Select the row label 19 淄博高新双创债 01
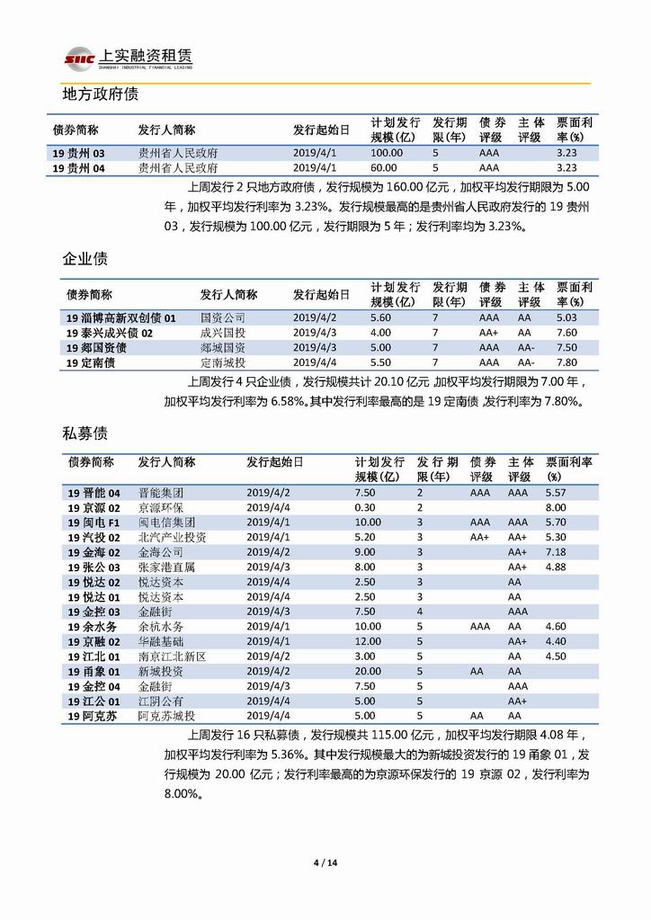pyautogui.click(x=121, y=318)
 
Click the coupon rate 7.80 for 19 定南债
pyautogui.click(x=566, y=362)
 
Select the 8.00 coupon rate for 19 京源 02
pyautogui.click(x=556, y=508)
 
